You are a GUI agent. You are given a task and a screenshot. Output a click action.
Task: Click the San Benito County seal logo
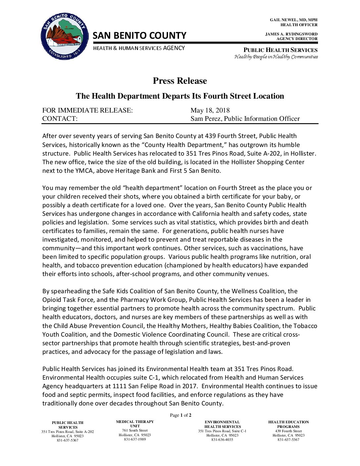[x=65, y=37]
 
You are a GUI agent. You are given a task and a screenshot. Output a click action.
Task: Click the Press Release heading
[x=180, y=81]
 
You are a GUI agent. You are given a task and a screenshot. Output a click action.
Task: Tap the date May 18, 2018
[x=210, y=110]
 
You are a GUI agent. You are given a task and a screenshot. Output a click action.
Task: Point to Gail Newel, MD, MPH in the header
[x=293, y=20]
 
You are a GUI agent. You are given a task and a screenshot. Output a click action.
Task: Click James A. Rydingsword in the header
[x=291, y=34]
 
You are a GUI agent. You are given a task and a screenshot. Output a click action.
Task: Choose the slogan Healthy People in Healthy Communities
[x=276, y=57]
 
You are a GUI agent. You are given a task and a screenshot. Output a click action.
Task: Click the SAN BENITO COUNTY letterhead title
[x=139, y=35]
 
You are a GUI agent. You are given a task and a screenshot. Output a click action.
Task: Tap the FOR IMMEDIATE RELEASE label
[x=87, y=110]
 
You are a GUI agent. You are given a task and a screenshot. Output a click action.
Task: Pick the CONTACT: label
[x=60, y=118]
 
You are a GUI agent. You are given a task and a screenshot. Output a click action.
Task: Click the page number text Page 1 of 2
[x=180, y=415]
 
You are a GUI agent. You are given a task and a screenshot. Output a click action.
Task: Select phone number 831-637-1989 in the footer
[x=135, y=439]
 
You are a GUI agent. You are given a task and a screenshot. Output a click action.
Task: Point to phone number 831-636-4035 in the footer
[x=222, y=440]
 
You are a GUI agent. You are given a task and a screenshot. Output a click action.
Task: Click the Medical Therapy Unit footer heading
[x=135, y=424]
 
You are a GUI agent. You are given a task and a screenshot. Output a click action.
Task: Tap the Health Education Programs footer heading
[x=288, y=424]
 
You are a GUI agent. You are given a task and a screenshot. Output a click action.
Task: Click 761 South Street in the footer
[x=135, y=430]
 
